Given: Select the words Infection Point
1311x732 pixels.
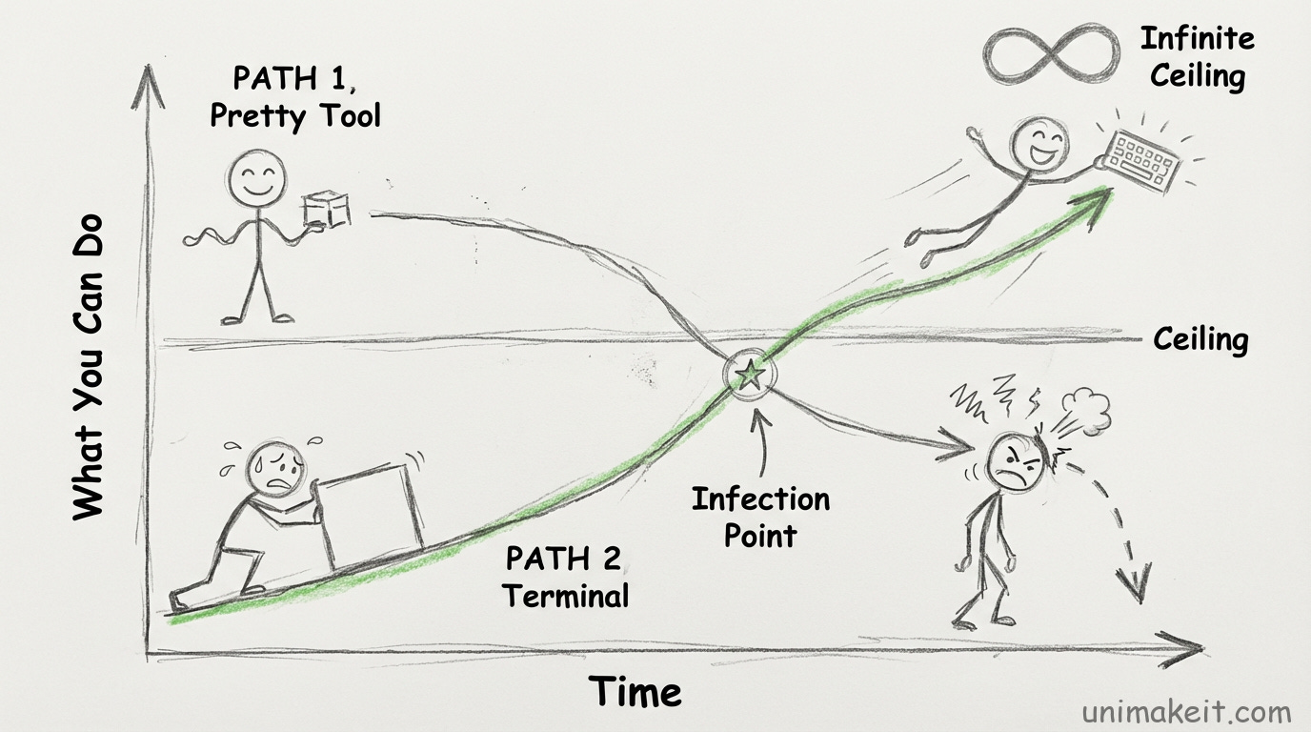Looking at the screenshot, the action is (x=760, y=516).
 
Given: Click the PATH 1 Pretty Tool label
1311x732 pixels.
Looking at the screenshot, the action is (x=294, y=97).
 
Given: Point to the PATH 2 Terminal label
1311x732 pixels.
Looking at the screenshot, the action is (x=565, y=576).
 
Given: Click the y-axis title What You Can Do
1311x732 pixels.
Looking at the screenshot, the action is (x=88, y=367).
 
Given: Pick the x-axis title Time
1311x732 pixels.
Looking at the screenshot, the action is (x=635, y=691).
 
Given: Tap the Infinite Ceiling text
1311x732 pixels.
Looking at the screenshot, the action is (x=1197, y=56).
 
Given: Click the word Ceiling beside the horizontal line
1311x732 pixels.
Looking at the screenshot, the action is (x=1200, y=338).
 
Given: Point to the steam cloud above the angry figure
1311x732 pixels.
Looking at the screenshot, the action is (x=1090, y=408).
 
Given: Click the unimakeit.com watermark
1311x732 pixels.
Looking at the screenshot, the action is (x=1186, y=711).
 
